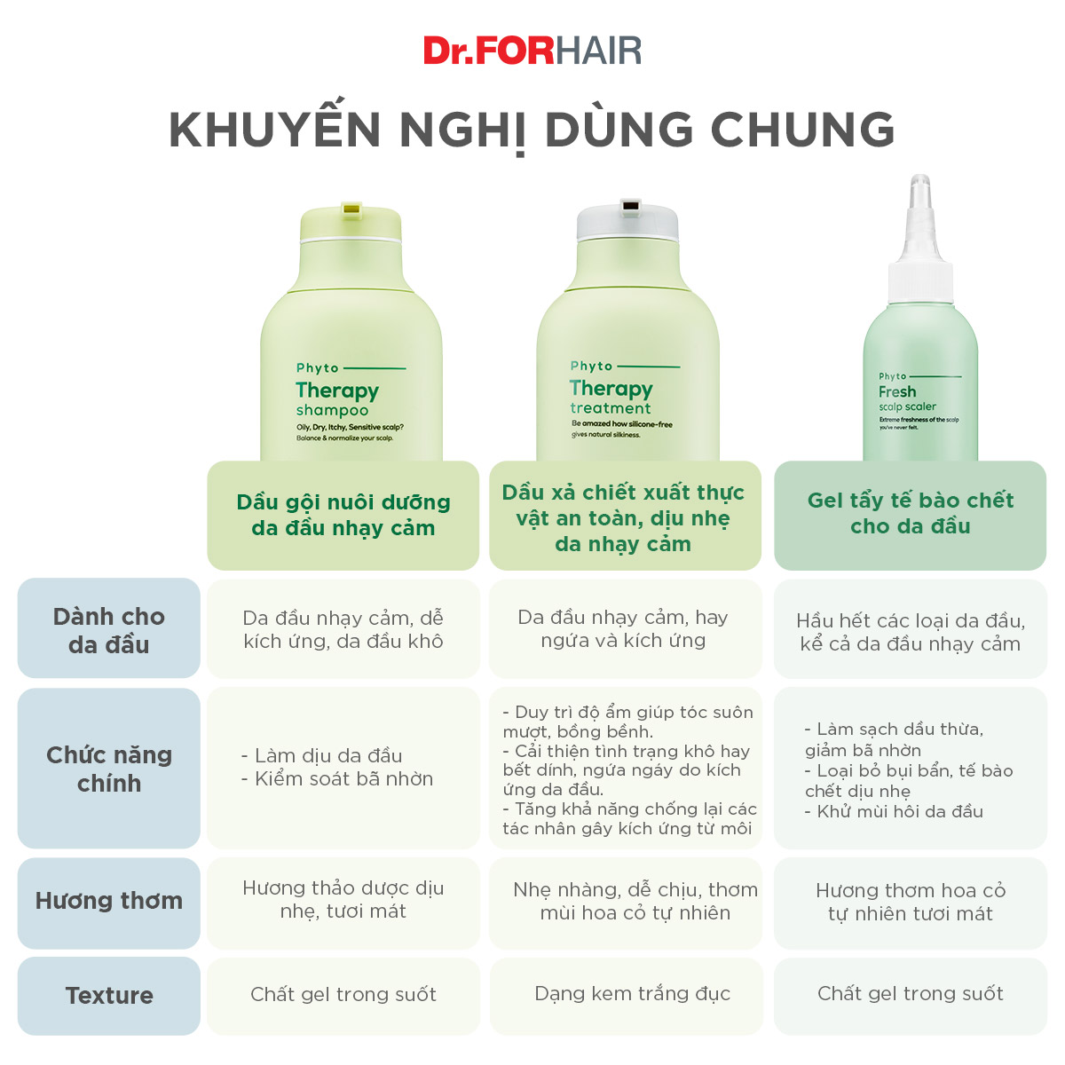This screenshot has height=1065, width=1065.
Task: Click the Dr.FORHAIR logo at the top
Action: tap(532, 51)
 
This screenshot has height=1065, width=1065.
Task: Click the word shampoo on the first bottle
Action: tap(332, 410)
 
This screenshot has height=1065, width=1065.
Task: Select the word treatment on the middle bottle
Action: tap(610, 408)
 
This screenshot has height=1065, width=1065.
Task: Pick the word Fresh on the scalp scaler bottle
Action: tap(897, 391)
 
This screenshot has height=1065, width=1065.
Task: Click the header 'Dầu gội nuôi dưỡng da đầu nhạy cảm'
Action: tap(343, 515)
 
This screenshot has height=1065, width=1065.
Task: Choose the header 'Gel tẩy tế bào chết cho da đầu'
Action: tap(910, 513)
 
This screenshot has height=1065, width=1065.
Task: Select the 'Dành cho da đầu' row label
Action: tap(108, 630)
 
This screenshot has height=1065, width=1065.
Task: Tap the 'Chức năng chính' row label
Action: tap(108, 769)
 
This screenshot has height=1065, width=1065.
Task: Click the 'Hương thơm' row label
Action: tap(108, 901)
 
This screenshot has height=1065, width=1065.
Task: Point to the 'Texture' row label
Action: tap(108, 996)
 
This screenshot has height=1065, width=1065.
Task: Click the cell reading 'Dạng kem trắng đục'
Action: tap(632, 994)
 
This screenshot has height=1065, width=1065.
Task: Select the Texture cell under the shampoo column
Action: tap(343, 994)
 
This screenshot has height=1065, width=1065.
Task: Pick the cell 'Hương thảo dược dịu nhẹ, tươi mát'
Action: tap(343, 899)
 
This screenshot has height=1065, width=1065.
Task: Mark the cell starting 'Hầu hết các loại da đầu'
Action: tap(910, 632)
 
